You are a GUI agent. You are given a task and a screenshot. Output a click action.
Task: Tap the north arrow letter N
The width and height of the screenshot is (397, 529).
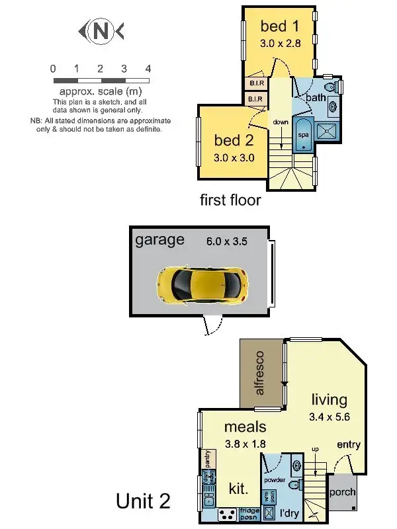click(x=101, y=30)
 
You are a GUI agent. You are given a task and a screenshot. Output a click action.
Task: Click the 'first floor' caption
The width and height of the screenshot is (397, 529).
click(x=230, y=200)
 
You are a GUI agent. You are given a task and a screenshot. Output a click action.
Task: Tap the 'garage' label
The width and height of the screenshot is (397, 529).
click(x=159, y=239)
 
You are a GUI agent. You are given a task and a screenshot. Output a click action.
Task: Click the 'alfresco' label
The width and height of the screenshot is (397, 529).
click(x=259, y=374)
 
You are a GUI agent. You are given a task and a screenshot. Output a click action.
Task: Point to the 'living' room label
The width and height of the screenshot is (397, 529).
click(x=329, y=399)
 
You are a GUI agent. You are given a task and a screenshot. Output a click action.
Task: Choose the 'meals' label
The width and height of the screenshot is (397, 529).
click(x=245, y=427)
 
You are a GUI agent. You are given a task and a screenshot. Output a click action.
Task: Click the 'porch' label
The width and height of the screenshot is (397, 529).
click(x=341, y=492)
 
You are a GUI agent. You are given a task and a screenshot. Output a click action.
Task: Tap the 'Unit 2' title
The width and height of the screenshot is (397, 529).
click(x=144, y=501)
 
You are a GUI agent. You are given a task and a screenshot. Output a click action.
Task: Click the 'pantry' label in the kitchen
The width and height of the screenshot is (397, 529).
click(x=208, y=457)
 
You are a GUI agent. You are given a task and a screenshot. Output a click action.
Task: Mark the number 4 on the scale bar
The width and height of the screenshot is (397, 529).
click(x=148, y=68)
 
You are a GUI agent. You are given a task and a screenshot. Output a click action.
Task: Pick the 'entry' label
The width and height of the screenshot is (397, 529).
click(x=349, y=445)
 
